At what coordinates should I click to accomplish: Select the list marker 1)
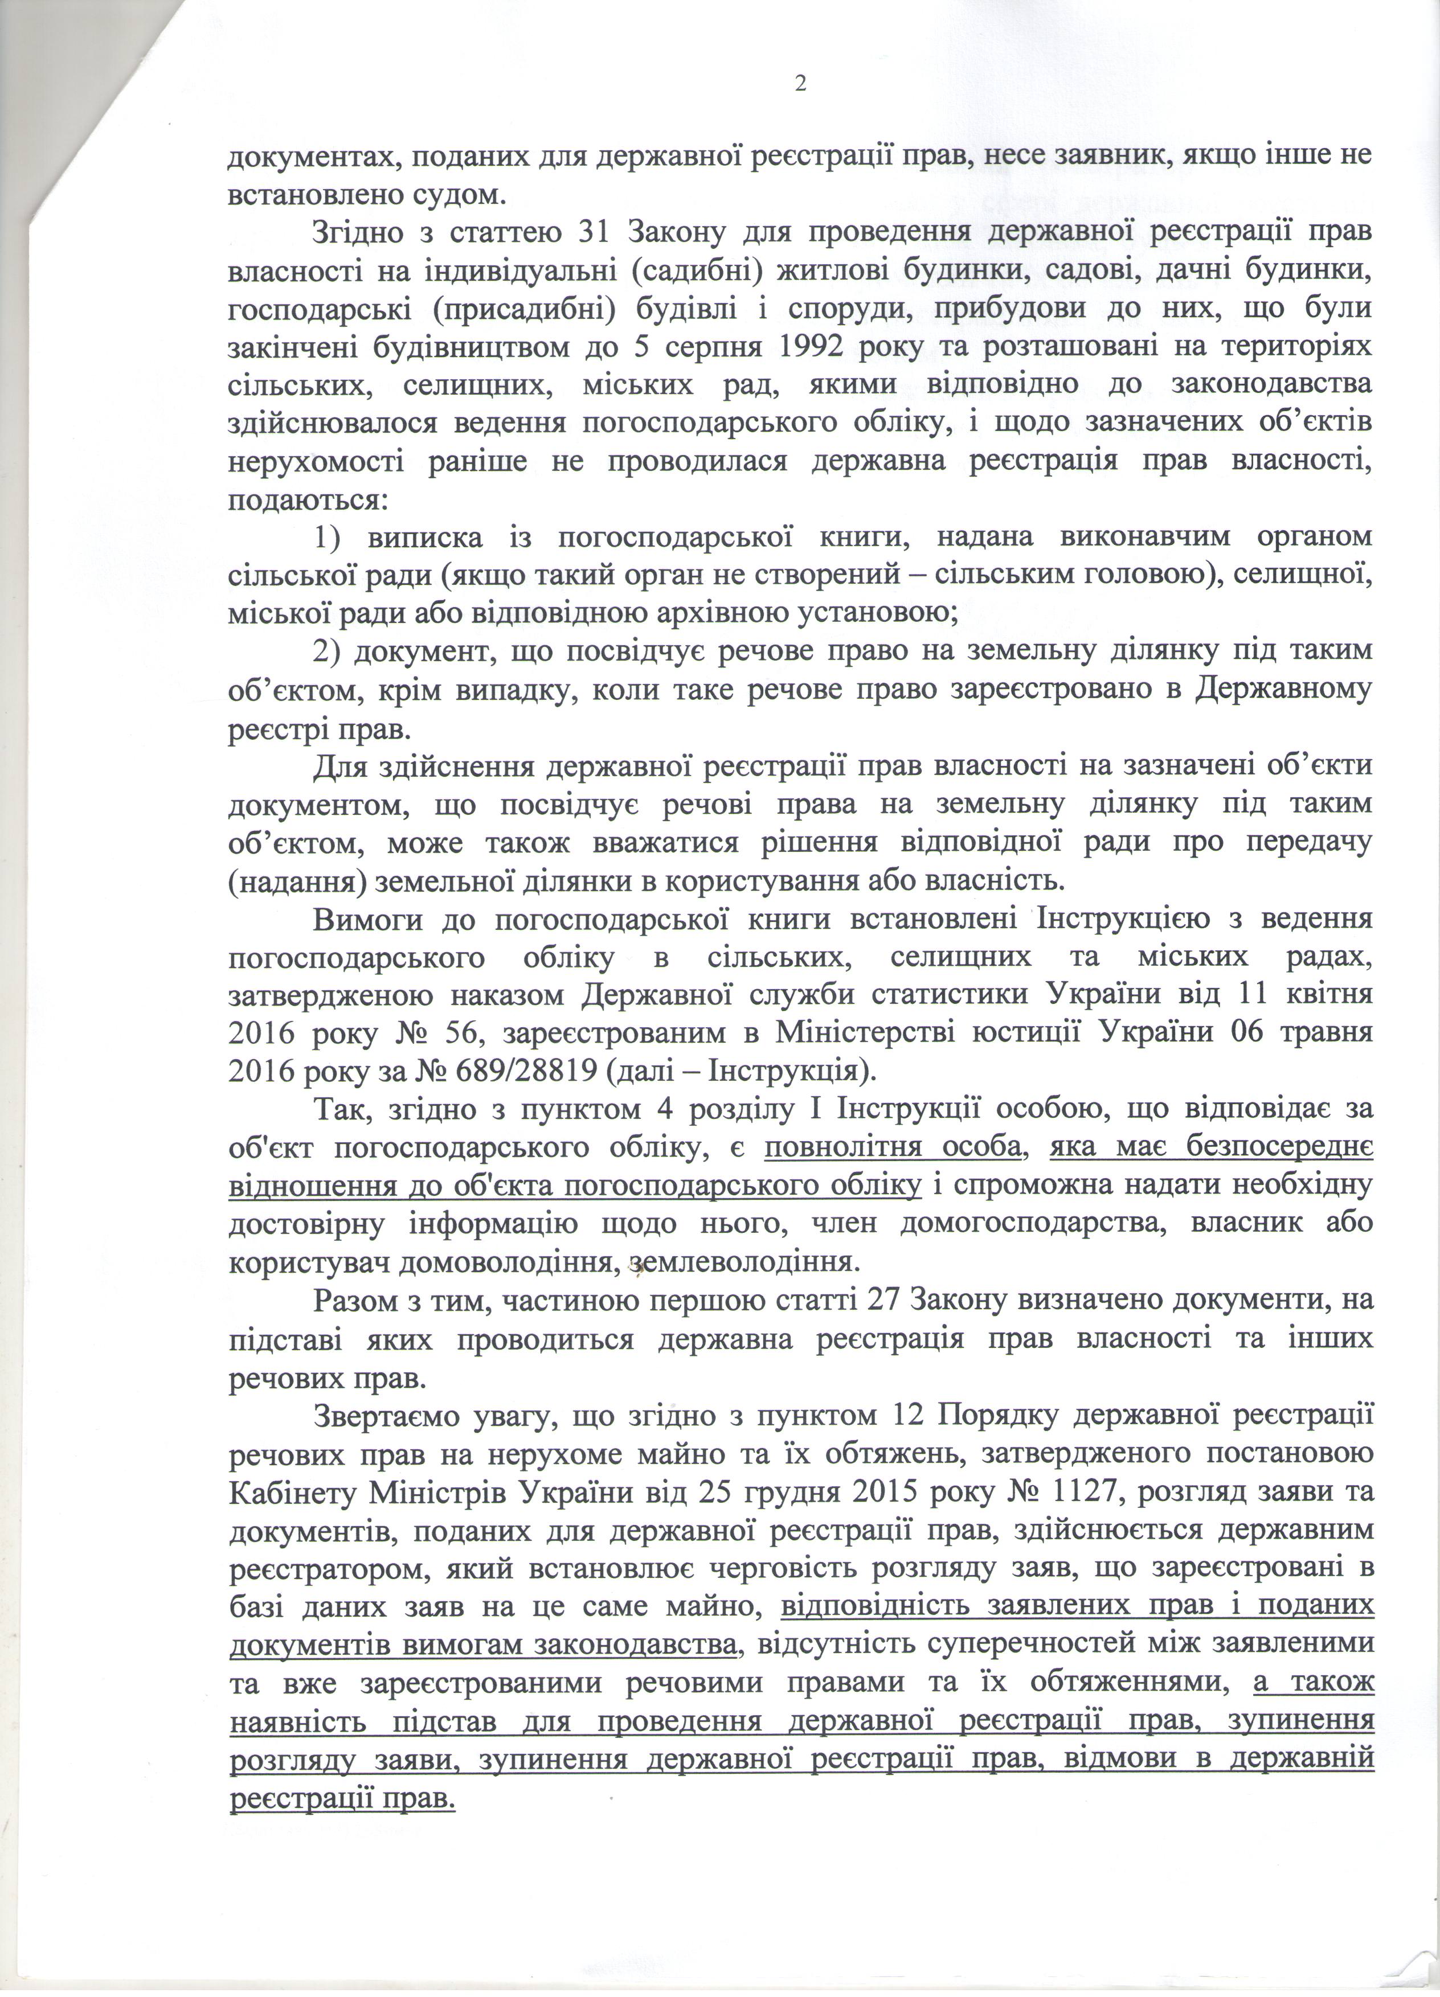coord(330,537)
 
